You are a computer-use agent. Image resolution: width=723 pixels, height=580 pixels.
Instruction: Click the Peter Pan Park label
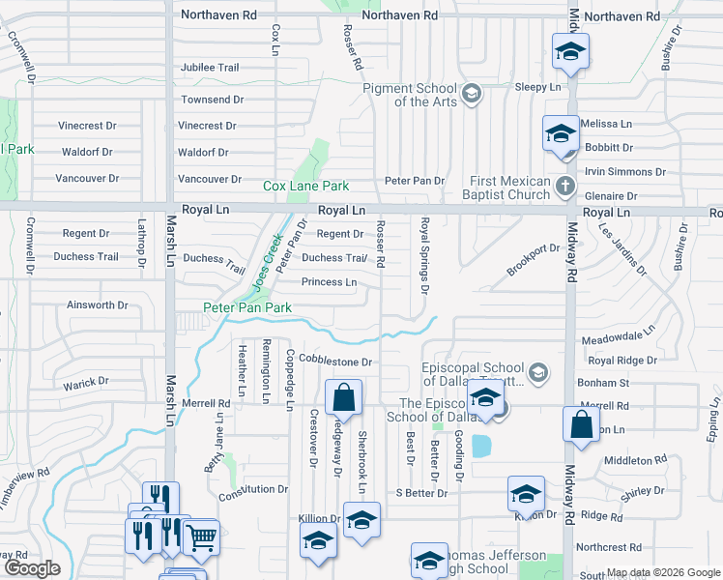246,308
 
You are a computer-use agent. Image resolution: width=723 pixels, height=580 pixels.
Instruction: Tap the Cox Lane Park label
306,186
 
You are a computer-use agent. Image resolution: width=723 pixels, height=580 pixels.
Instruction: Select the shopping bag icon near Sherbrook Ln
343,397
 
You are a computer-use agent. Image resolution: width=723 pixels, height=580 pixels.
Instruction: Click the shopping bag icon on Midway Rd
581,426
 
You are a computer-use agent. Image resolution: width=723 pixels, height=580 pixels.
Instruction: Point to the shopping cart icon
201,537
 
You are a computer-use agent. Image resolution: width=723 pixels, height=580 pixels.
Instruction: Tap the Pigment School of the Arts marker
471,93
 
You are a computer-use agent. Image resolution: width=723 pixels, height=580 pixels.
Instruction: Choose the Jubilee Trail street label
209,68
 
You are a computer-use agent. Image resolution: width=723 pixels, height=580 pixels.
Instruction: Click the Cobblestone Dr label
334,362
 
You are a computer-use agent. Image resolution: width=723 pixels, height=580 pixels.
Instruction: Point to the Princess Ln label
329,282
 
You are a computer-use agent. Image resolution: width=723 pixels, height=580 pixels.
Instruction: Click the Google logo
31,568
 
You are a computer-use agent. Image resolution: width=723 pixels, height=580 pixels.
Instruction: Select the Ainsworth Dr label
97,305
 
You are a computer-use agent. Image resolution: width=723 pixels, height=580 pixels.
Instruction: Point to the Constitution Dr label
253,490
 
